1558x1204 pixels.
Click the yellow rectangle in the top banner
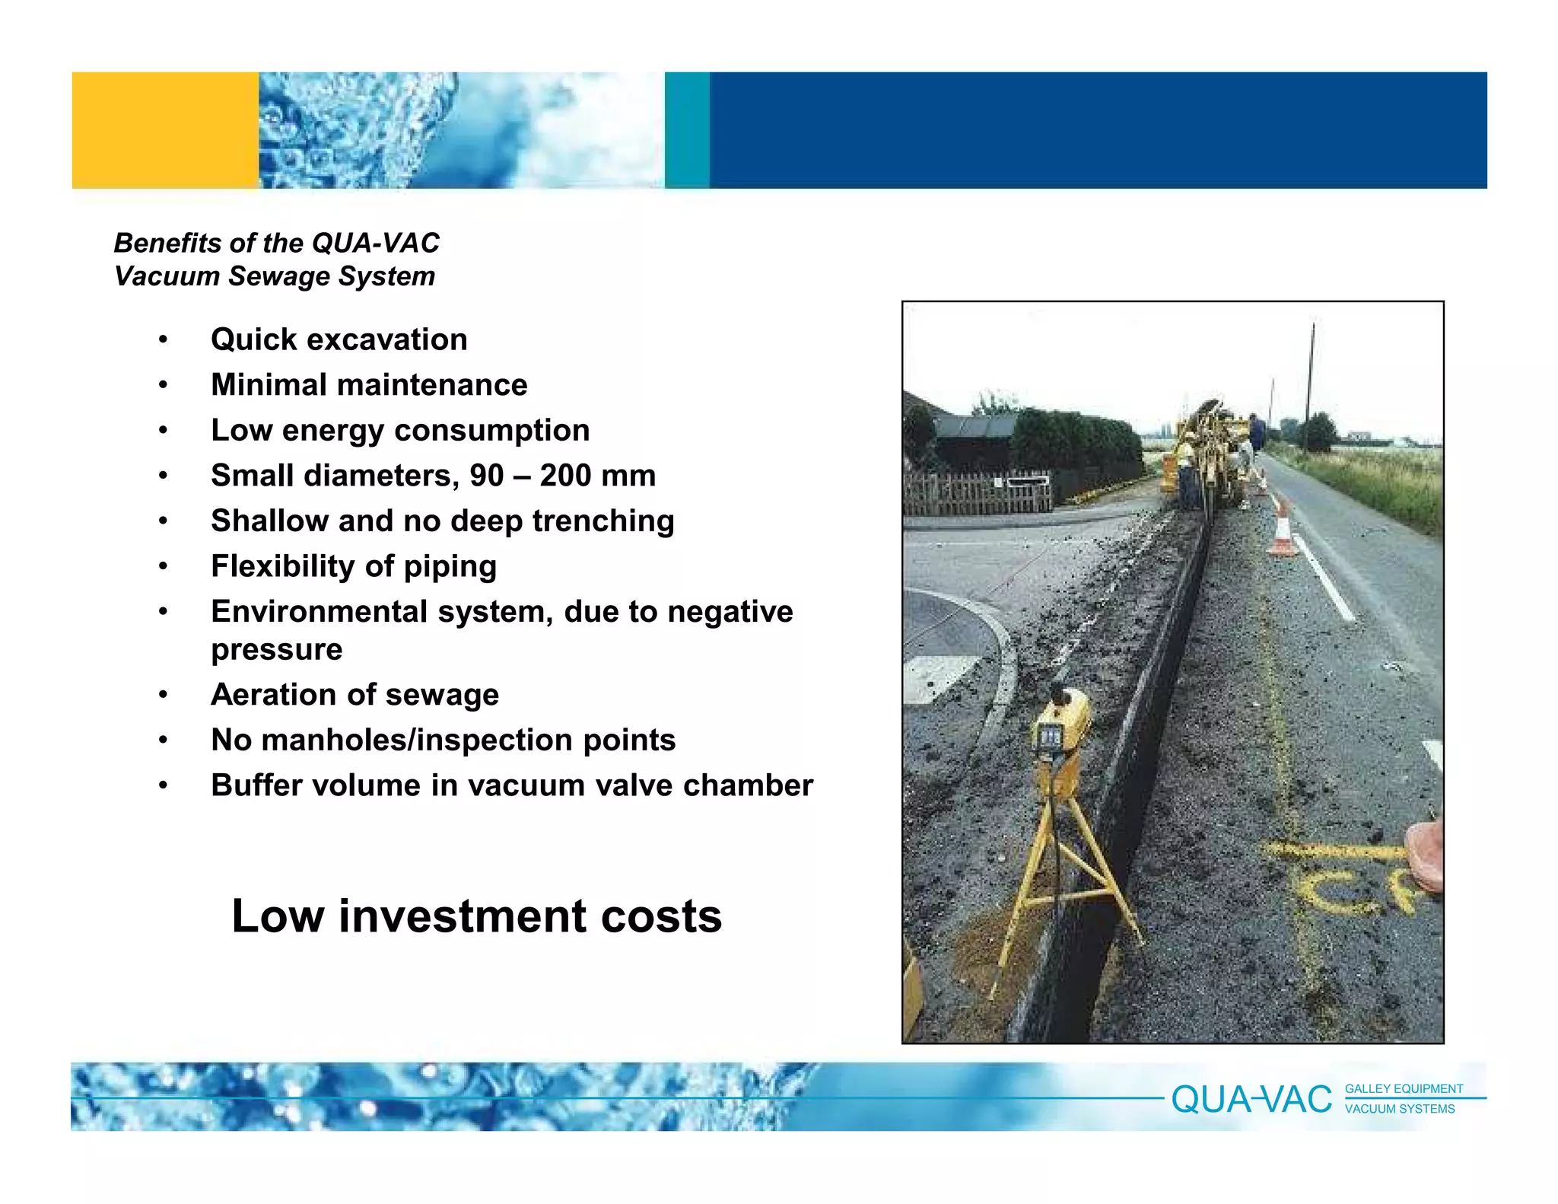165,130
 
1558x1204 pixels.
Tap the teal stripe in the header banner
687,130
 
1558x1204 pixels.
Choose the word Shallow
270,521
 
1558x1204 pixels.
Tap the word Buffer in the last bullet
259,785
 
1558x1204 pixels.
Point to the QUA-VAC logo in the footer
1251,1100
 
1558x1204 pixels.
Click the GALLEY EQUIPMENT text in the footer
1404,1089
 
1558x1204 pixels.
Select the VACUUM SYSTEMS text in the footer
1400,1110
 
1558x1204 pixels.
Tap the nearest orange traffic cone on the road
1282,532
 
